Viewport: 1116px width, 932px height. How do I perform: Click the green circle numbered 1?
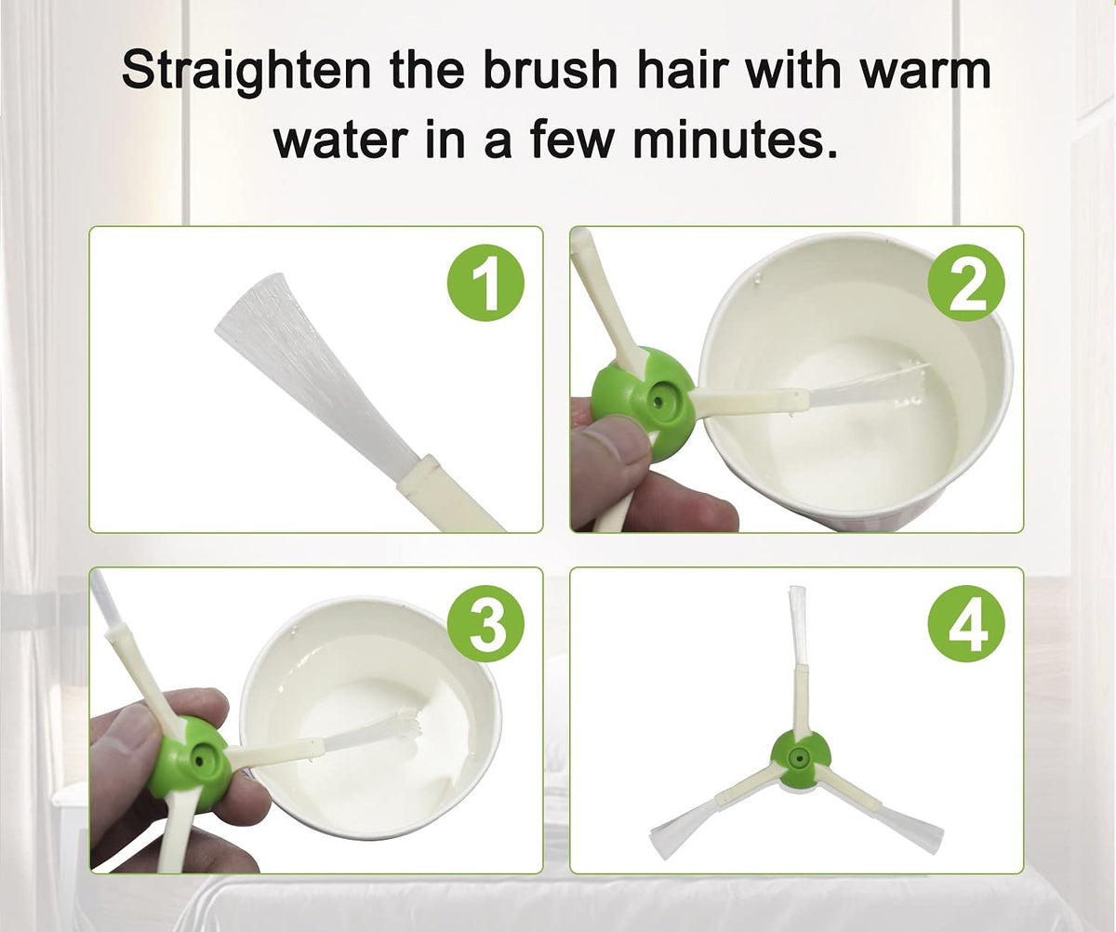pos(485,283)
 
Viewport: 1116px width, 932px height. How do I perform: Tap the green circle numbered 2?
pos(966,283)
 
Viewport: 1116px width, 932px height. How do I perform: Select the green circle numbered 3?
pos(485,624)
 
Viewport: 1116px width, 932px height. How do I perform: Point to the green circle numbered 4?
pos(966,624)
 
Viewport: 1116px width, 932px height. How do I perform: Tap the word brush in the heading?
pos(550,71)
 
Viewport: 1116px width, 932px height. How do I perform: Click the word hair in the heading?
pos(679,71)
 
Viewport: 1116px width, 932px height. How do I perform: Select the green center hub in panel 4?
pos(800,759)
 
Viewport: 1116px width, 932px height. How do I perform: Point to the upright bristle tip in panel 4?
pos(797,603)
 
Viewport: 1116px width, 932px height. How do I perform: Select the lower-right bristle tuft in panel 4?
pos(910,825)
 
